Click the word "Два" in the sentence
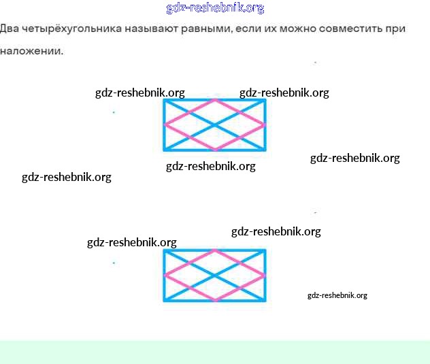(x=10, y=29)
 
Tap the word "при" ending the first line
(x=397, y=29)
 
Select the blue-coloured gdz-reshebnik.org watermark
(x=215, y=8)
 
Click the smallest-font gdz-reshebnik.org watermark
(x=337, y=295)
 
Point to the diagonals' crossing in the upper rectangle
(x=215, y=125)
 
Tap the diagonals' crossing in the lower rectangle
(x=215, y=275)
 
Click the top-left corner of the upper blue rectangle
(x=165, y=100)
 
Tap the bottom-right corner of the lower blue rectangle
(x=265, y=300)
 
